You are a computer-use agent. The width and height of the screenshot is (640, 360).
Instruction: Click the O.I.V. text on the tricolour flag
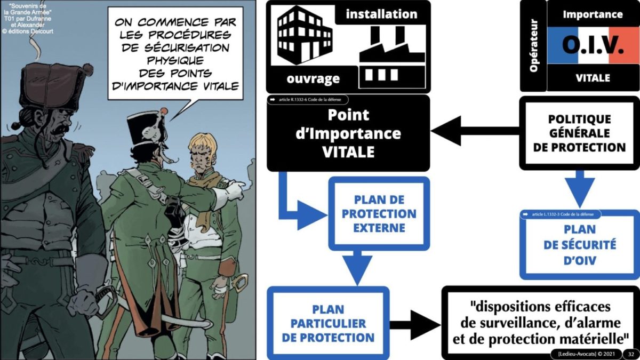tap(593, 47)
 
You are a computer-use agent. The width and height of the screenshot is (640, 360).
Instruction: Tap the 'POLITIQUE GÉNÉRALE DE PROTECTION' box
tap(579, 133)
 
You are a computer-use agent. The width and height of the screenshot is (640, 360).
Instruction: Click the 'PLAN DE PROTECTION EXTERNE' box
tap(379, 214)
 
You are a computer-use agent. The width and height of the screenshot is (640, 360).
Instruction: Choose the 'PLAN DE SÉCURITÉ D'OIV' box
tap(579, 245)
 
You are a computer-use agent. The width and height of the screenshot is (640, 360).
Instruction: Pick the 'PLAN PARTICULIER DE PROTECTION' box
tap(328, 323)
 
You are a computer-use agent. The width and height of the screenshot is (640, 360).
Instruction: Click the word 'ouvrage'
tap(313, 79)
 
